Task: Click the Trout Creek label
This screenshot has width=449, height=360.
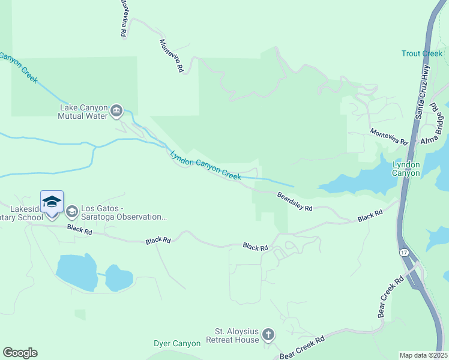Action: click(421, 53)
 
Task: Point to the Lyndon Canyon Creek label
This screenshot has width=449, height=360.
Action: click(205, 165)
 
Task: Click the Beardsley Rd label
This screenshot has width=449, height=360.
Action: click(295, 201)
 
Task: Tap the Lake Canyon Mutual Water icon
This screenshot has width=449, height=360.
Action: click(116, 111)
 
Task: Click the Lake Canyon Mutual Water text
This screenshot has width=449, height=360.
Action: click(83, 112)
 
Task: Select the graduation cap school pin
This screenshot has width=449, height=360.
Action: click(52, 202)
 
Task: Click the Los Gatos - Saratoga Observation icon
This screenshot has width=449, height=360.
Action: click(72, 211)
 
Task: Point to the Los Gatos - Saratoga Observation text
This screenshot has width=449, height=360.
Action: click(124, 212)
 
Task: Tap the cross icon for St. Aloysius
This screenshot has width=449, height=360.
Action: click(268, 335)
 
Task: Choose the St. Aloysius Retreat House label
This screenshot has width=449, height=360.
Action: click(237, 335)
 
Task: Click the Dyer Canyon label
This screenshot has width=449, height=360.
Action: click(176, 344)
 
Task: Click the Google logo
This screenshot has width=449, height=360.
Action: click(20, 353)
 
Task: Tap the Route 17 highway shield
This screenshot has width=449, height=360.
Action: click(404, 253)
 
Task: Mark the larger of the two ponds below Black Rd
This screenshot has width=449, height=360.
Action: click(77, 273)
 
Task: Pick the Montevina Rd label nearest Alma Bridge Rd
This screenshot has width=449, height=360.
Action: click(388, 137)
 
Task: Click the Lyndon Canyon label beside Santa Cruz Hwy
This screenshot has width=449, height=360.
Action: click(406, 169)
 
